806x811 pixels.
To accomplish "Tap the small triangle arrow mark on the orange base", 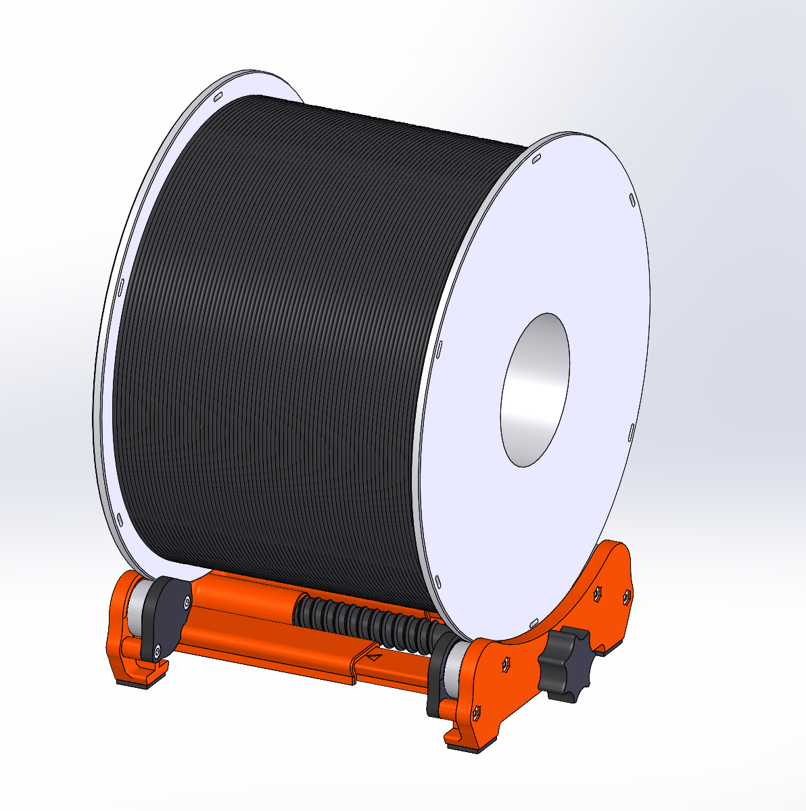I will (374, 655).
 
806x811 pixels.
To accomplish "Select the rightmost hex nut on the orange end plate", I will (626, 597).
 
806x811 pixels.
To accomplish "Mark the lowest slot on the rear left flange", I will (120, 519).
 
